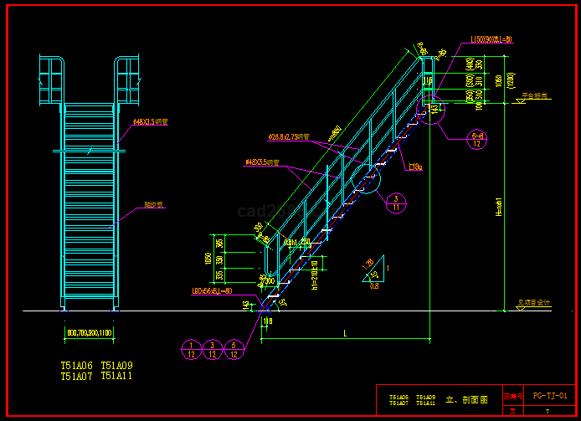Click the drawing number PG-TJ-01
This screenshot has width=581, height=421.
(550, 395)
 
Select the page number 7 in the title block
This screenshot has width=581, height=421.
(547, 411)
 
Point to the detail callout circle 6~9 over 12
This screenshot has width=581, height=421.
(478, 140)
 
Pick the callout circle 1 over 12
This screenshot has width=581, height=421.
(193, 350)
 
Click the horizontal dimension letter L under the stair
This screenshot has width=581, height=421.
(345, 334)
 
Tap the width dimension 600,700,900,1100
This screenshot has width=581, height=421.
(89, 333)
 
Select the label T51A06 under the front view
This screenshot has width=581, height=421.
(76, 366)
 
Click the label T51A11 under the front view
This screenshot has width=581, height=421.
(116, 377)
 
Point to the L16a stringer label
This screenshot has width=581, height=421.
(414, 167)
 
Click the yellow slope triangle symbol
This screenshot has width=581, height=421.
(373, 269)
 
